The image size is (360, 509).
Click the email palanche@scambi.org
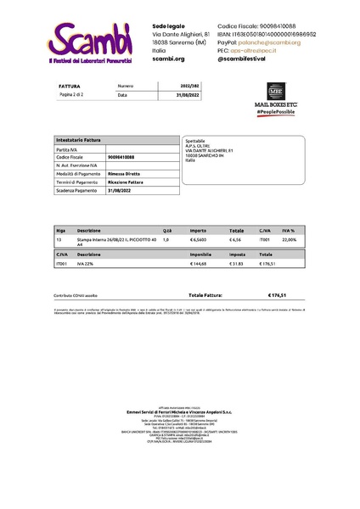pos(270,42)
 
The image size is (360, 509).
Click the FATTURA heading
pos(70,87)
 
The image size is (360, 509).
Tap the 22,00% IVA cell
pos(290,239)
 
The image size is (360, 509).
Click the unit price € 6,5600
pos(199,239)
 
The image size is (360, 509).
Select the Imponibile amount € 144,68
pos(199,263)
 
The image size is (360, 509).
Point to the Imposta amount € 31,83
pos(236,263)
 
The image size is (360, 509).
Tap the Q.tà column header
pos(167,230)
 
